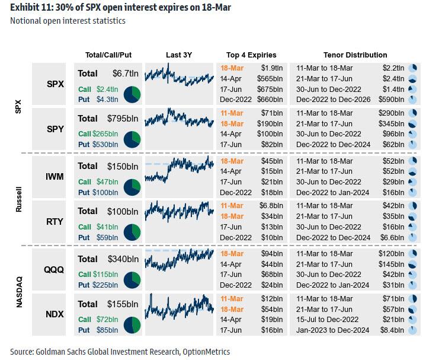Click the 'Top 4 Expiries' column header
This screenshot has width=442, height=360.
click(x=251, y=55)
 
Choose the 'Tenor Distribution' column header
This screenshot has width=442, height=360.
click(x=355, y=55)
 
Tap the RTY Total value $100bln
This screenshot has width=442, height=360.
click(x=122, y=211)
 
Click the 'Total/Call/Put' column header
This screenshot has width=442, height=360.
click(x=108, y=55)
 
